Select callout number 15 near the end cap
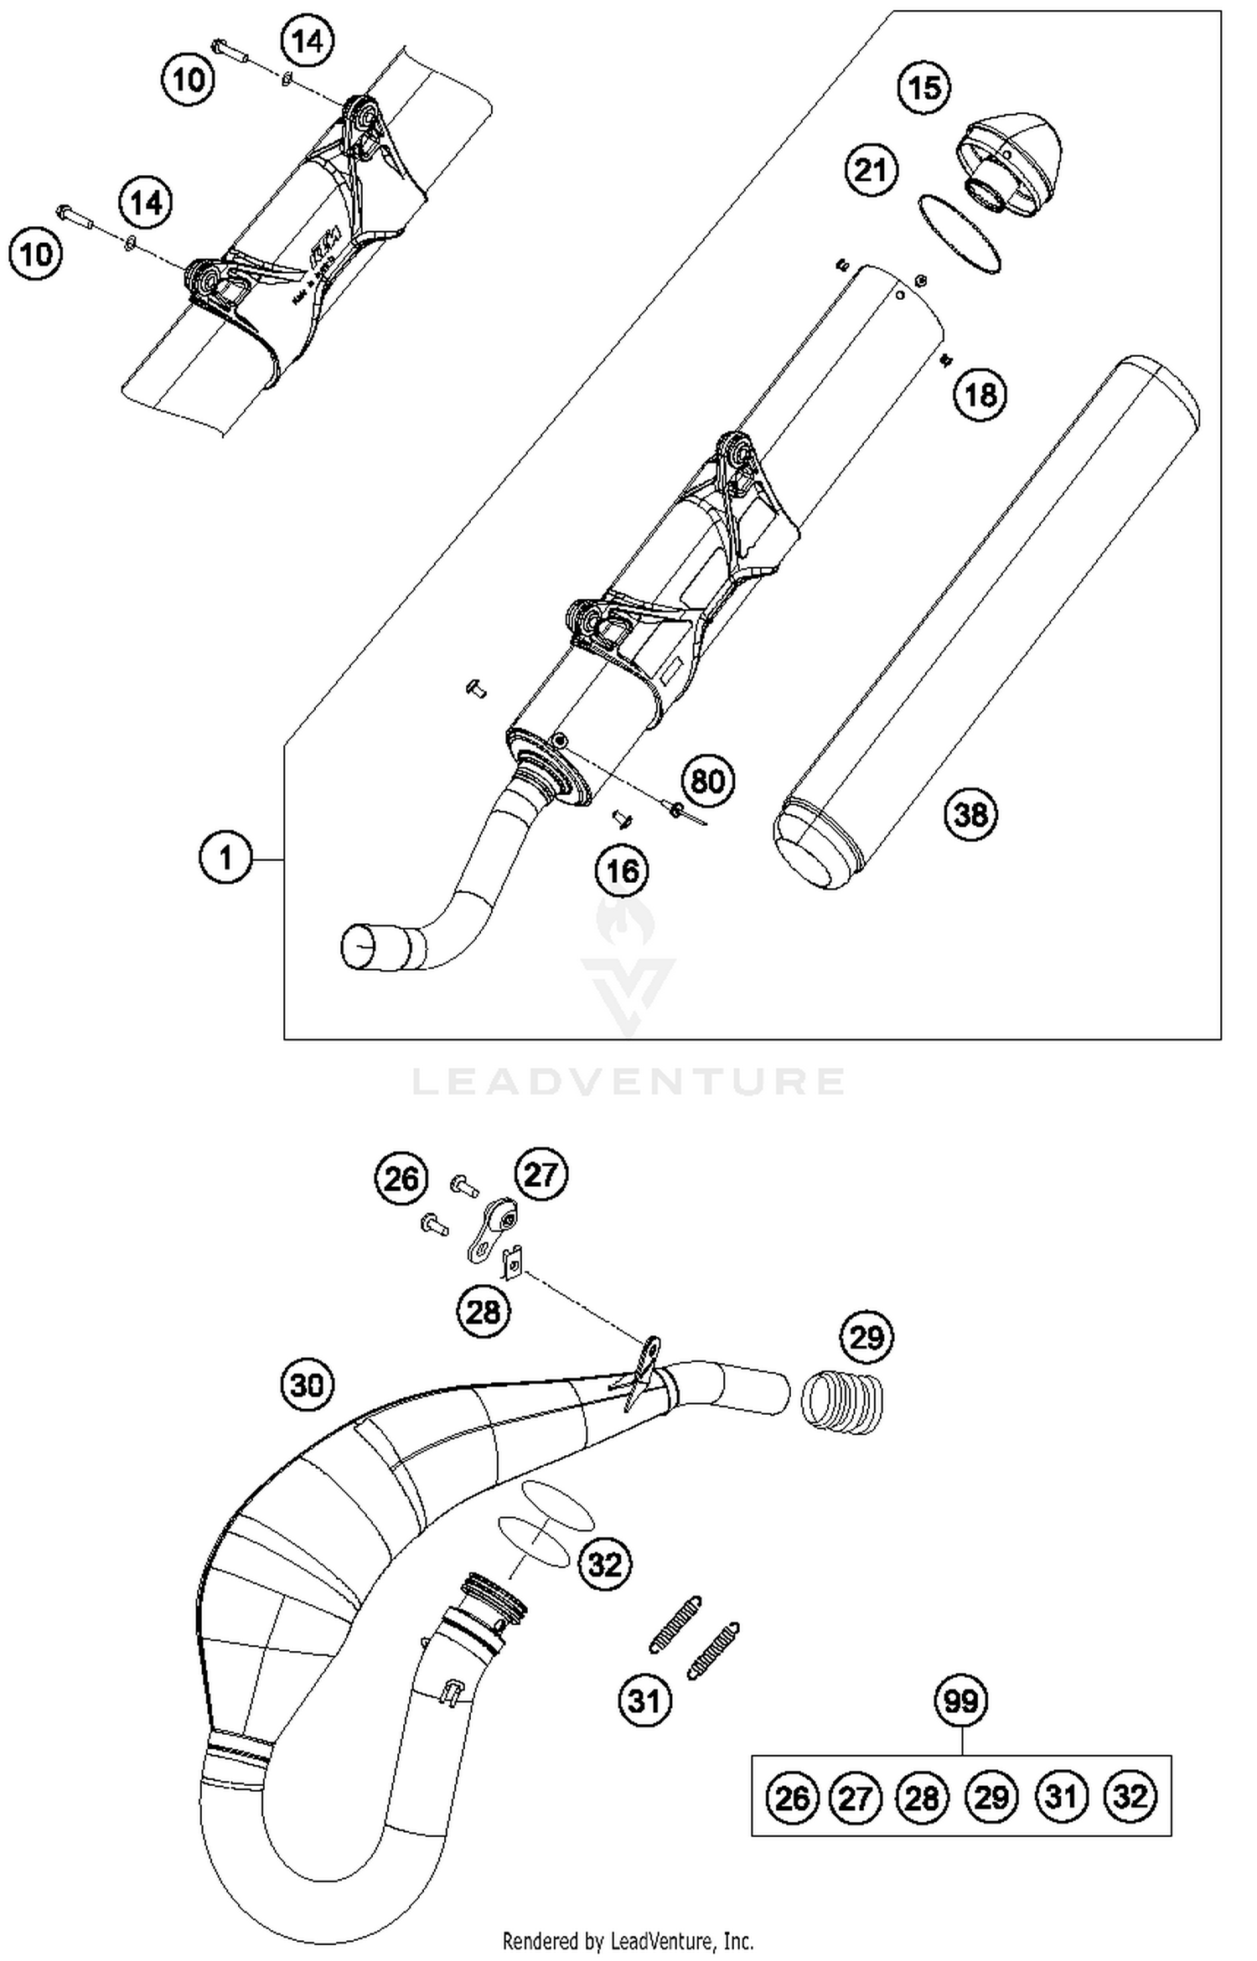(x=924, y=87)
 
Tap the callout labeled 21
(x=871, y=170)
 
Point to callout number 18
(x=980, y=394)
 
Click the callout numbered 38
(x=971, y=813)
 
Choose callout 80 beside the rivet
(x=708, y=782)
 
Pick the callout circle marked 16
(x=622, y=871)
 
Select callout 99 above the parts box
(x=961, y=1701)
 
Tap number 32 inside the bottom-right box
(x=1130, y=1796)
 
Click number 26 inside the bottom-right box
(x=792, y=1798)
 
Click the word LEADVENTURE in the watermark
(x=628, y=1081)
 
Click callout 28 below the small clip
(x=484, y=1311)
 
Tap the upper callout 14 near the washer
(x=307, y=40)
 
